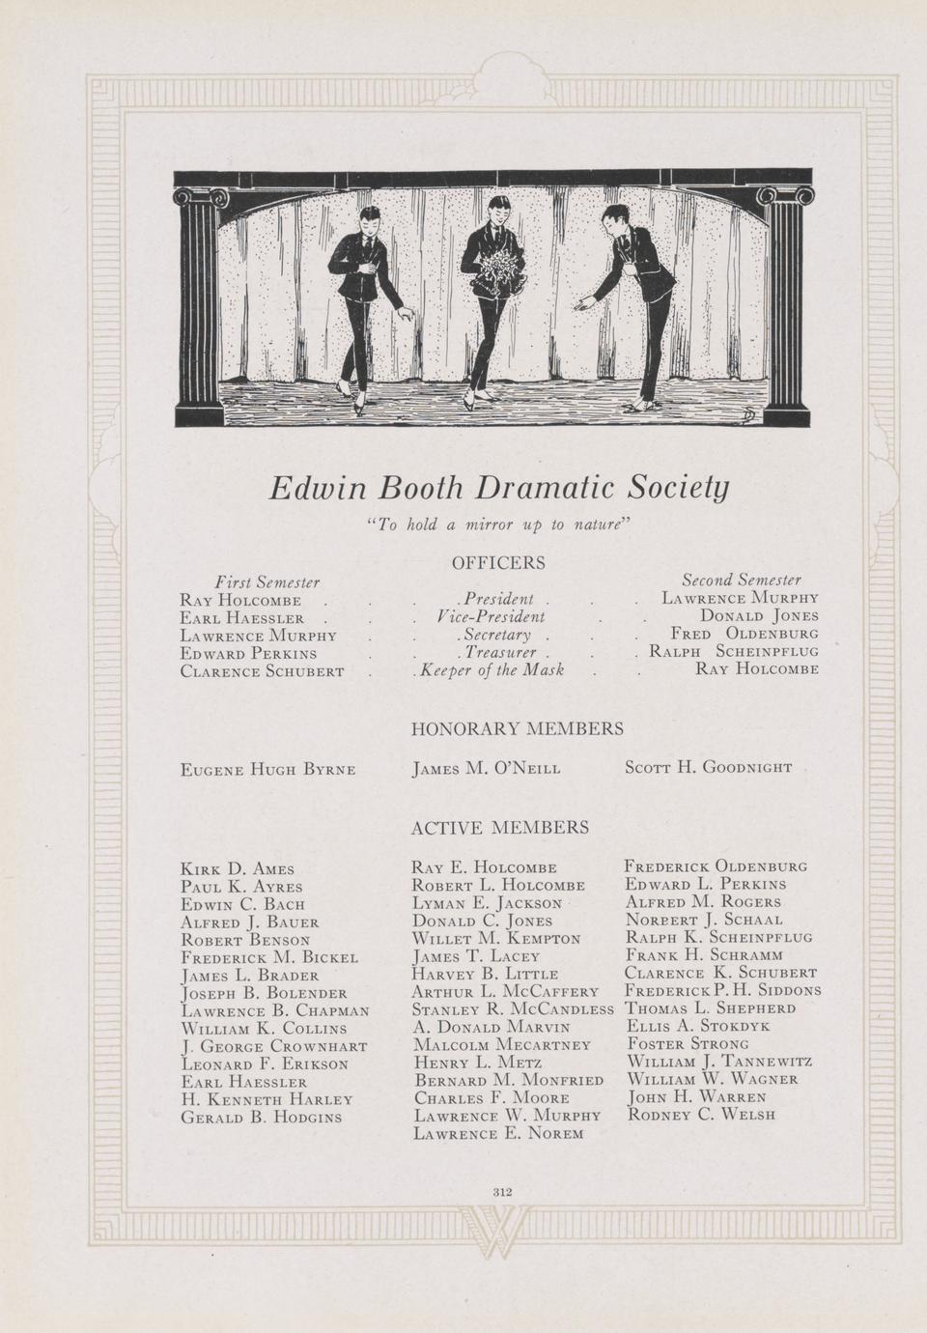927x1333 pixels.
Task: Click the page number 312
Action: (501, 1191)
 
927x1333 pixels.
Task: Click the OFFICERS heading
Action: (497, 562)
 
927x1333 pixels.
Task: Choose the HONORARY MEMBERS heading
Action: (517, 728)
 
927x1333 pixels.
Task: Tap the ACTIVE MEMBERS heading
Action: (499, 827)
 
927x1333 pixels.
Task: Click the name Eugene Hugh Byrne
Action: (268, 769)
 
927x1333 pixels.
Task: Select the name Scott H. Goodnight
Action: (708, 767)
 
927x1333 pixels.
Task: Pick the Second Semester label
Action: (741, 580)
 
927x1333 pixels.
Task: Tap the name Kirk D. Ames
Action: (237, 869)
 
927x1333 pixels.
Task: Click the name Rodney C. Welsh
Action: (701, 1114)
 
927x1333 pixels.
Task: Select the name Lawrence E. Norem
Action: (498, 1133)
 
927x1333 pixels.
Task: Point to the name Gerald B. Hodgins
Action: (261, 1117)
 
